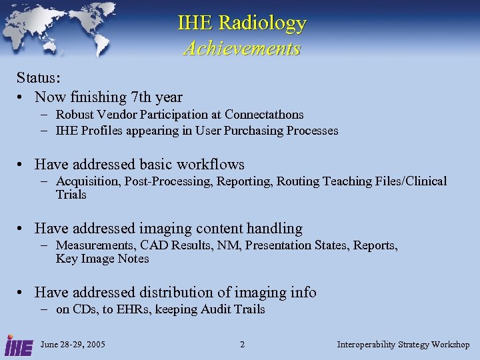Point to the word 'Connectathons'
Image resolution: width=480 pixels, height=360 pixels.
[264, 115]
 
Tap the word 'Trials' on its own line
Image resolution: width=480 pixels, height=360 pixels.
[71, 195]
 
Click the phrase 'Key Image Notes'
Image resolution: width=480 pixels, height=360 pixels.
[103, 259]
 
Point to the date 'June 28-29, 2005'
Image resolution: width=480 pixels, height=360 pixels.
[73, 345]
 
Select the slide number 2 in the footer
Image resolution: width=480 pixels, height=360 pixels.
[242, 345]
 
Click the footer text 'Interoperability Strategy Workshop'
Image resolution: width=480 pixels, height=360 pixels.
[403, 345]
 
